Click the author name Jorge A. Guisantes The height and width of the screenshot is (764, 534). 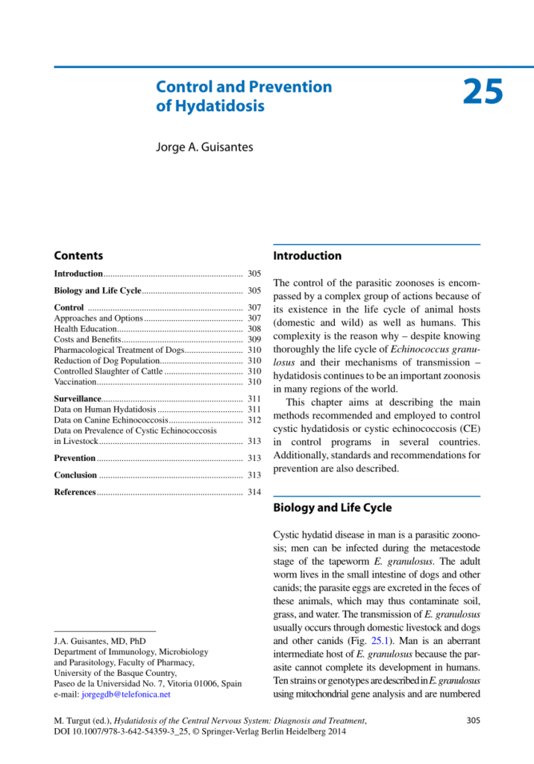click(204, 147)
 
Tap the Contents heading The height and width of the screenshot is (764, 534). click(78, 256)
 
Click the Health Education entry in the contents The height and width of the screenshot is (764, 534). click(86, 329)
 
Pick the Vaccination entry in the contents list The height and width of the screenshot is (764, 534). click(75, 381)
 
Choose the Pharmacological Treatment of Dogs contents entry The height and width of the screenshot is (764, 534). click(119, 350)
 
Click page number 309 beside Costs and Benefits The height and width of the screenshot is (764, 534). click(254, 339)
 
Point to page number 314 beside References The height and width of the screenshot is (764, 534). click(254, 492)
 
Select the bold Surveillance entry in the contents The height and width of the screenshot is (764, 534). click(78, 399)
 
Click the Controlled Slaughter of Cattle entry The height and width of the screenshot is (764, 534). click(108, 371)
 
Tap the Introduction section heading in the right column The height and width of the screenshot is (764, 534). click(307, 256)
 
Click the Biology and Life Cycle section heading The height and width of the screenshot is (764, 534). click(332, 508)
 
